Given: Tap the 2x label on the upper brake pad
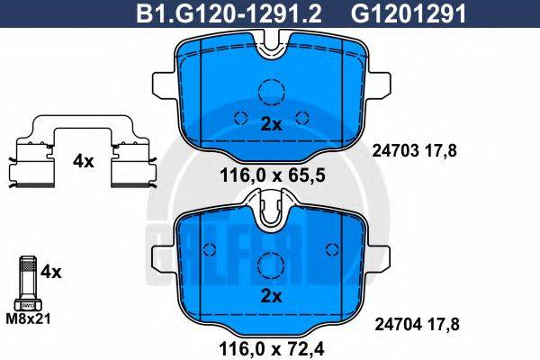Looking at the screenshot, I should [x=271, y=126].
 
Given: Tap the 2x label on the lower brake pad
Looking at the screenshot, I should [x=271, y=296].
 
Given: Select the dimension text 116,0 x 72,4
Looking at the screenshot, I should [x=270, y=345].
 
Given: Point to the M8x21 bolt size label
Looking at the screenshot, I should [x=29, y=318].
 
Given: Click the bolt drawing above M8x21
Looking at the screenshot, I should [x=27, y=281].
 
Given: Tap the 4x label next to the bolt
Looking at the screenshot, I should [x=52, y=269].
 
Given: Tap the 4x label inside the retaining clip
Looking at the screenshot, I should [x=83, y=162].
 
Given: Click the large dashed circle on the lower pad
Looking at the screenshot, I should [x=271, y=265].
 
